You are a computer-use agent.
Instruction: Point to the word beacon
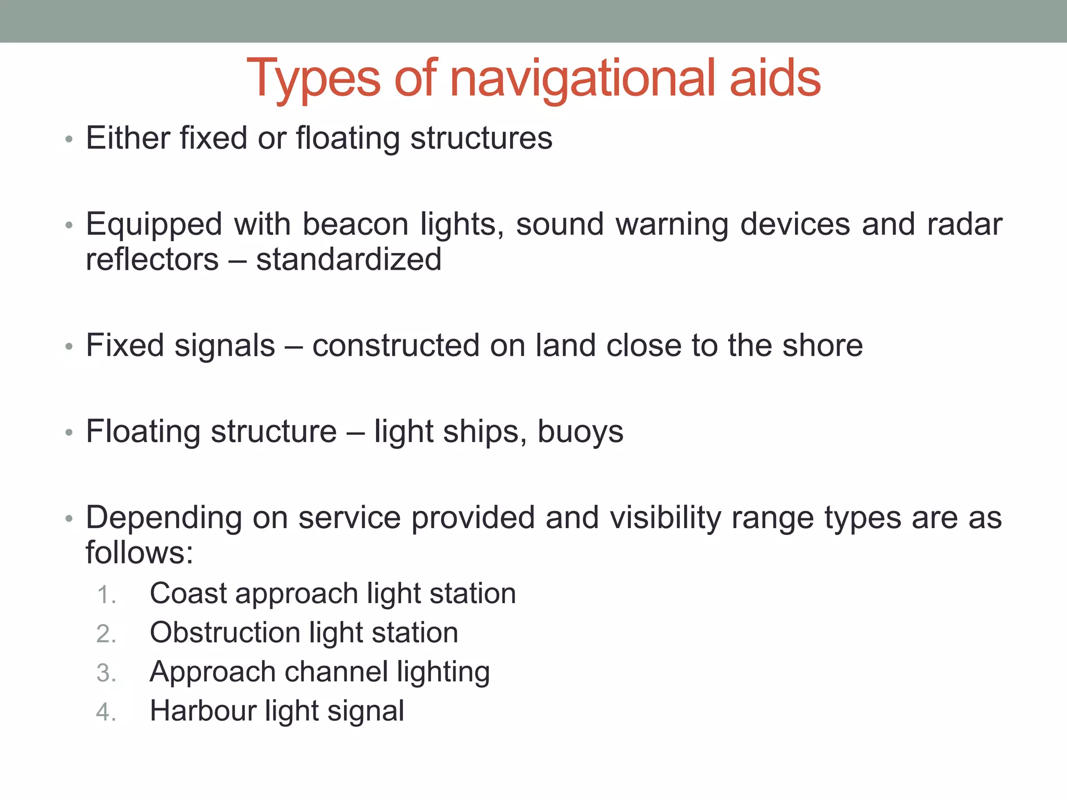point(355,224)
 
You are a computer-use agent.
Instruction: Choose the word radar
point(964,224)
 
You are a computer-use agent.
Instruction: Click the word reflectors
point(152,259)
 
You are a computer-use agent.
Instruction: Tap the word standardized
point(349,259)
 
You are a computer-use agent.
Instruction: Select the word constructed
point(395,345)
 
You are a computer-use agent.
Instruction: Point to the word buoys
point(580,432)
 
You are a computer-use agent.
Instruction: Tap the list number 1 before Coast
point(106,595)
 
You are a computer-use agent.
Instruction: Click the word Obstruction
point(225,632)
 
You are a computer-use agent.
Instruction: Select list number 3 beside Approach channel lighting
point(106,673)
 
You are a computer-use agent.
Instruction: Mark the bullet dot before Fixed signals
point(69,346)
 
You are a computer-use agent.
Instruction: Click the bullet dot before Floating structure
point(69,433)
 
